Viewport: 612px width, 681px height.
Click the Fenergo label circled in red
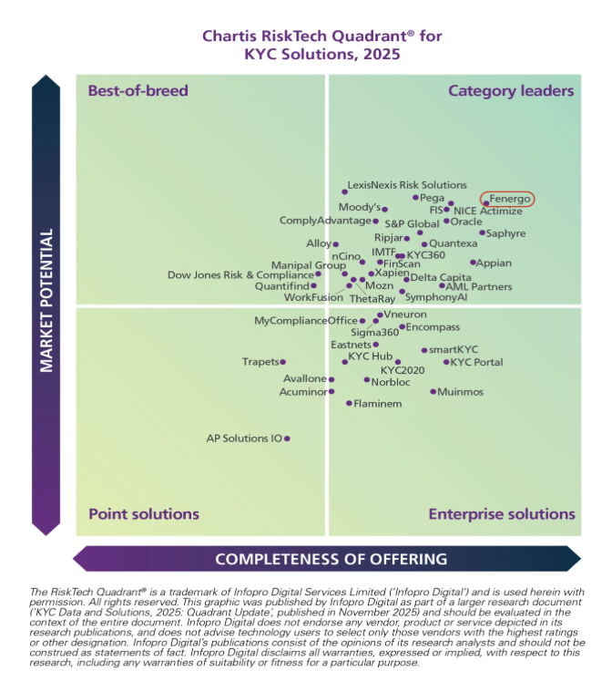coord(508,199)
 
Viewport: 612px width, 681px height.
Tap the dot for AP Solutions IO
coord(287,439)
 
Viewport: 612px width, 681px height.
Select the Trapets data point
coord(282,362)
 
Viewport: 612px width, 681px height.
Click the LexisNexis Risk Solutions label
coord(408,185)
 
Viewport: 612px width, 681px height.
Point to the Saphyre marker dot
coord(483,233)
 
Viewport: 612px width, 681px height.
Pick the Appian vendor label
coord(495,263)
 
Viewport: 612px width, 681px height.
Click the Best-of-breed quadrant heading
coord(138,90)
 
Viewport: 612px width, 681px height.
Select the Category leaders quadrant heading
coord(511,90)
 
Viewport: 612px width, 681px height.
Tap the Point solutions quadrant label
coord(131,514)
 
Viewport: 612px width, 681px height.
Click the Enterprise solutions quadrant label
coord(502,514)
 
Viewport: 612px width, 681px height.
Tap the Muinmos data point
coord(433,392)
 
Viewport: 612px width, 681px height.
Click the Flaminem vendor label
coord(377,403)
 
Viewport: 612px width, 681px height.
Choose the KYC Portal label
coord(477,362)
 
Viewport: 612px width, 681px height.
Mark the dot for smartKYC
coord(423,350)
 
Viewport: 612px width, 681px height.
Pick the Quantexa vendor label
coord(454,243)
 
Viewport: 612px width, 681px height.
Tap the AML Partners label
coord(475,286)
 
